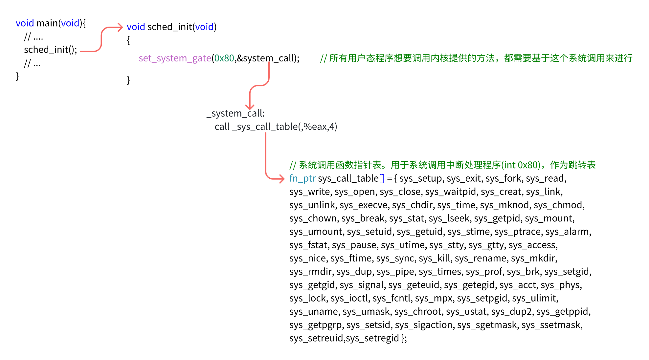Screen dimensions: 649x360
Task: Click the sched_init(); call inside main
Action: (50, 50)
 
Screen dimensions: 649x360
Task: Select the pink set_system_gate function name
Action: (175, 58)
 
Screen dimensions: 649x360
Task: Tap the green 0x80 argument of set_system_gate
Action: (224, 58)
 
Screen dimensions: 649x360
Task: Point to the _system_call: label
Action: (235, 113)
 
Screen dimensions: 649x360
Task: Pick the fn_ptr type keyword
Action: (302, 178)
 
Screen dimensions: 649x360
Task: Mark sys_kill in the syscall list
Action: (434, 258)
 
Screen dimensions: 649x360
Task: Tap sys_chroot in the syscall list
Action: (418, 311)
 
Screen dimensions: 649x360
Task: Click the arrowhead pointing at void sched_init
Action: (120, 27)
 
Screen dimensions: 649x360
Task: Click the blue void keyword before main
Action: (25, 23)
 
